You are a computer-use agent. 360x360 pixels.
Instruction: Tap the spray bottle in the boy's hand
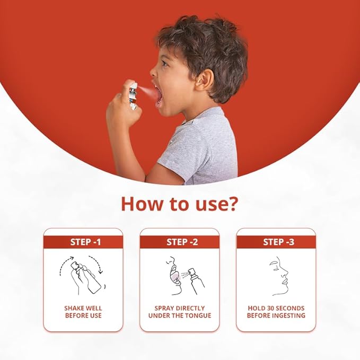(133, 96)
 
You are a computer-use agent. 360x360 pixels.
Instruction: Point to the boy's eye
(164, 63)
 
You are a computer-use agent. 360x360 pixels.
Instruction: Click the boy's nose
(153, 72)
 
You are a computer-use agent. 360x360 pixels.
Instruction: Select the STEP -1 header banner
(83, 242)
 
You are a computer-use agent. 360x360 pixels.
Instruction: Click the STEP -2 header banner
(180, 242)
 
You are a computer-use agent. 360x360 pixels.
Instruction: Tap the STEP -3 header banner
(276, 242)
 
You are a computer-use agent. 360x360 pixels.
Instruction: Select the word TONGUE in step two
(198, 315)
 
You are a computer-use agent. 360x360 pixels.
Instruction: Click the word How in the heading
(142, 204)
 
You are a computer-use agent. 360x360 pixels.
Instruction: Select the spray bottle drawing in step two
(196, 280)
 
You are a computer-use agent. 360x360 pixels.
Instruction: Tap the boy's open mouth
(159, 94)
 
